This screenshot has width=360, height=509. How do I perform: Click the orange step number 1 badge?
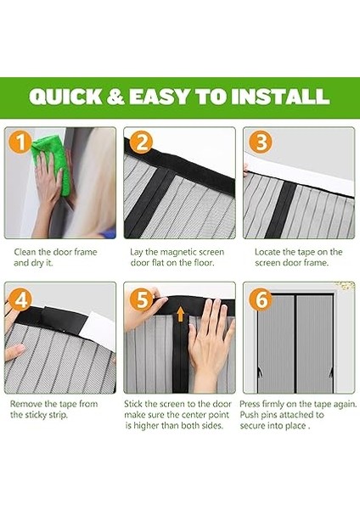tap(21, 142)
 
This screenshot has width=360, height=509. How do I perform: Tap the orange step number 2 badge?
tap(141, 142)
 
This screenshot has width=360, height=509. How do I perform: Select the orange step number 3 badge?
tap(261, 142)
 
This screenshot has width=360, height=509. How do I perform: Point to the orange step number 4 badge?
tap(21, 299)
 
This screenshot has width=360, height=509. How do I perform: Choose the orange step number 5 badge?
tap(141, 299)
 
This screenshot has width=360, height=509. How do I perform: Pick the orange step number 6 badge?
tap(261, 299)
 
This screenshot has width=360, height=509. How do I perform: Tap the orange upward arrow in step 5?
tap(180, 315)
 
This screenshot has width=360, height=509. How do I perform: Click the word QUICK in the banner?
tap(65, 97)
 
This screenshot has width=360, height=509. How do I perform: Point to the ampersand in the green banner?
tap(115, 97)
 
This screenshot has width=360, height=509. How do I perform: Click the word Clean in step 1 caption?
tap(25, 252)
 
